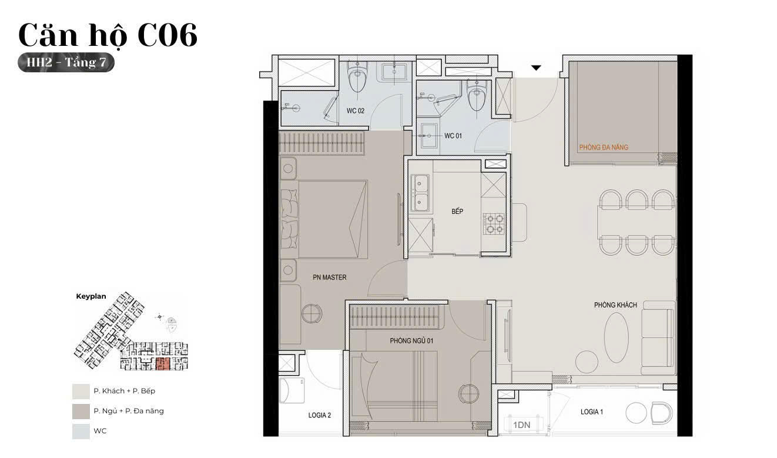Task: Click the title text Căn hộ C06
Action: (x=108, y=35)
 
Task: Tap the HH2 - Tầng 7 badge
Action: (x=66, y=62)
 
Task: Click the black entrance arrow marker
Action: (x=536, y=68)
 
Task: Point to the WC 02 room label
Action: (x=356, y=111)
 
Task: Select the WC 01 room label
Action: (x=453, y=136)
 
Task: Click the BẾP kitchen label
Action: (x=457, y=211)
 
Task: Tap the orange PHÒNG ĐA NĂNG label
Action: (x=604, y=147)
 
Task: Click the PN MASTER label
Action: (x=330, y=278)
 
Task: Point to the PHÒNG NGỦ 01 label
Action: (x=411, y=341)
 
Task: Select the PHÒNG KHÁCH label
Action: (x=615, y=305)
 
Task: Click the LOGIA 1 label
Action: (x=592, y=412)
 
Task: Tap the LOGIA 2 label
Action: (x=320, y=415)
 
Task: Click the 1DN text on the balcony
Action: (x=522, y=425)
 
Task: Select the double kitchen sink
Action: (x=420, y=193)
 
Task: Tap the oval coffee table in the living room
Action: (x=616, y=337)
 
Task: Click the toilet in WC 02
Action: (x=357, y=76)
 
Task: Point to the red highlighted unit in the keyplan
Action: (x=163, y=363)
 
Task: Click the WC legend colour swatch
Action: (x=81, y=432)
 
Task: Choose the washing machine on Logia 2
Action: (x=292, y=391)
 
